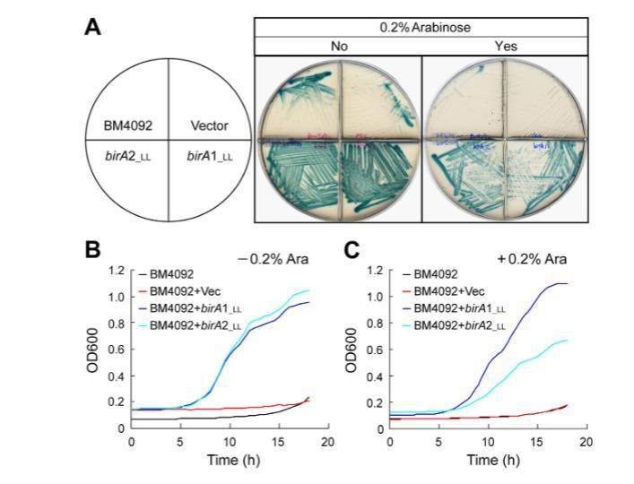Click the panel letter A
(x=92, y=27)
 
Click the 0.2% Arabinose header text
(x=421, y=27)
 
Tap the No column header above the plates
(x=337, y=46)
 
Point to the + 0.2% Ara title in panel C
(x=535, y=259)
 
